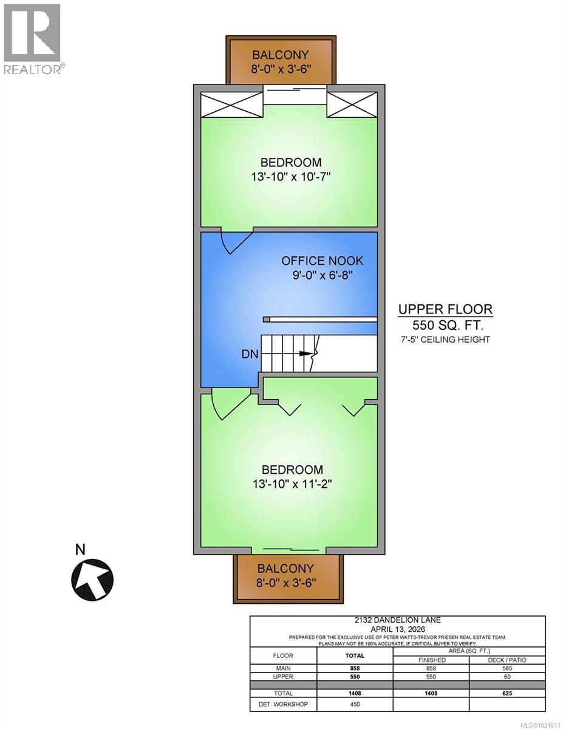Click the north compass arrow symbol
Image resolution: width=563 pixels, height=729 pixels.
tap(92, 578)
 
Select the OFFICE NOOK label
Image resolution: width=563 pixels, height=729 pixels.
tap(322, 261)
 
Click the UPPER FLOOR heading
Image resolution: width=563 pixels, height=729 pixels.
tap(445, 309)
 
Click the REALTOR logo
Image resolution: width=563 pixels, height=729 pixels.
tap(32, 39)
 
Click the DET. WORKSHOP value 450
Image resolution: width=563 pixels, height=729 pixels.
tap(355, 705)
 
